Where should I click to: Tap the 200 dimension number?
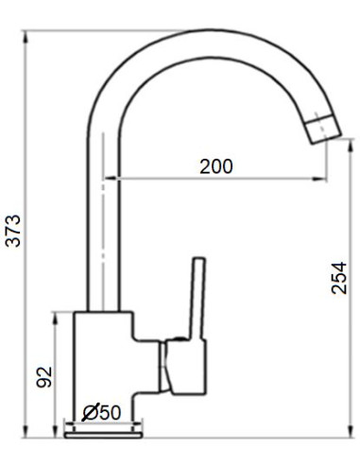click(216, 165)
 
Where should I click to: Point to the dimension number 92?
click(43, 376)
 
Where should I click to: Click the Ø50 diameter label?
click(101, 412)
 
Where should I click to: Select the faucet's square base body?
click(101, 359)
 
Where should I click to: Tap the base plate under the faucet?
click(101, 433)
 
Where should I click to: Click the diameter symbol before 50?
click(89, 412)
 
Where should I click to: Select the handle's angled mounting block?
click(180, 364)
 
